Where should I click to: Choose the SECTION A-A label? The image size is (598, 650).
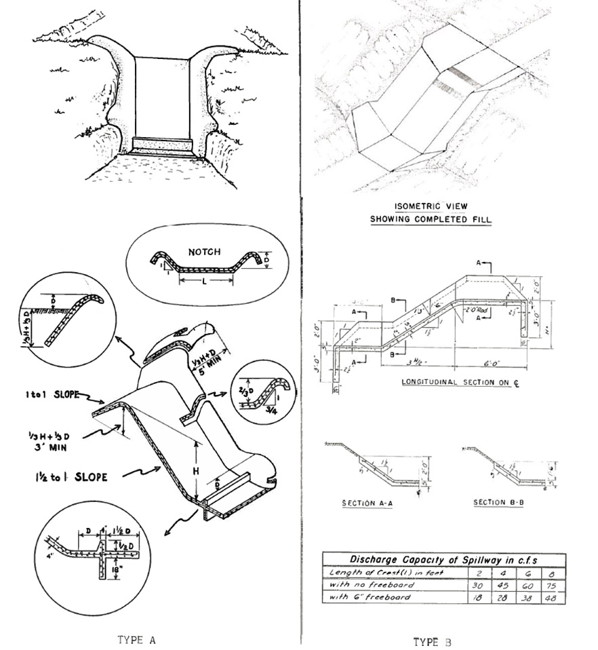click(367, 503)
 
